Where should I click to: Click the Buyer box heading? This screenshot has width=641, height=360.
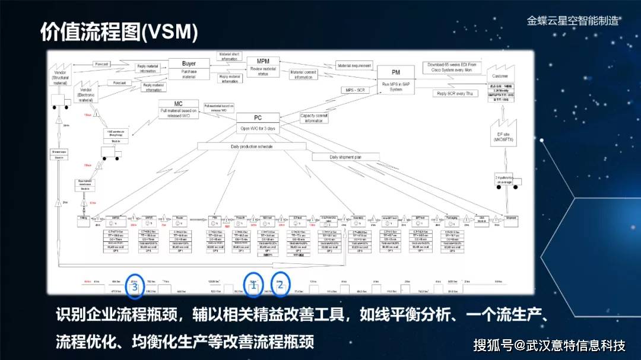(189, 63)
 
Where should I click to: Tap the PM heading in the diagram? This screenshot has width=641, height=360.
(395, 72)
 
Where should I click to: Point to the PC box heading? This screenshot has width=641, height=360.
(258, 117)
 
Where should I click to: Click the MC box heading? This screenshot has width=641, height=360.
(178, 104)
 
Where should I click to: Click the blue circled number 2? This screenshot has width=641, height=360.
(281, 283)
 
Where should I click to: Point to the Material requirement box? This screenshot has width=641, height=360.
(354, 66)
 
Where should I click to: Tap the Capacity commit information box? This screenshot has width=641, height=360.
(313, 118)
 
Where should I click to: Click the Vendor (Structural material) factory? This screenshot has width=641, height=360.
(61, 74)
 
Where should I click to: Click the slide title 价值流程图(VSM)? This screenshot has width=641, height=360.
(119, 33)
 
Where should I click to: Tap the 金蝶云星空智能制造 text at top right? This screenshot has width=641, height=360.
(573, 21)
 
